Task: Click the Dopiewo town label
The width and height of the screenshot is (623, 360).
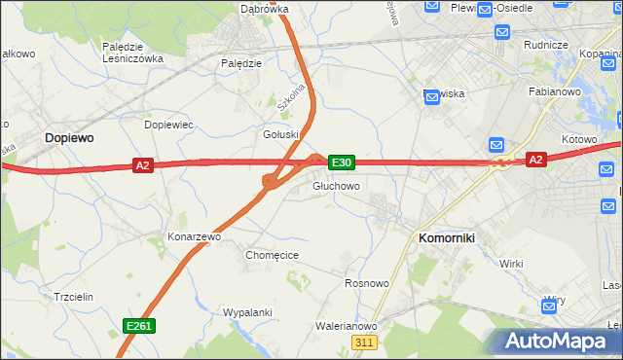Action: (x=69, y=139)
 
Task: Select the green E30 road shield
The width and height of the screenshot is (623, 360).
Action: (x=341, y=162)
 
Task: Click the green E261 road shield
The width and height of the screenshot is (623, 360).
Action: (x=138, y=326)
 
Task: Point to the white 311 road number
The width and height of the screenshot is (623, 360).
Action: (x=364, y=343)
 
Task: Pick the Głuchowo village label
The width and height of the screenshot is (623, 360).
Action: (x=337, y=186)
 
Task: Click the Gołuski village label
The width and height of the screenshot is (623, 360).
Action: (x=280, y=134)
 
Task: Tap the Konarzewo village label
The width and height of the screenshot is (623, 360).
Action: (x=196, y=236)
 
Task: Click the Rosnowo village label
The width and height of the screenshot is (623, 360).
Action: (x=367, y=284)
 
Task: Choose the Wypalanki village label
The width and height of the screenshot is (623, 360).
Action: (x=246, y=312)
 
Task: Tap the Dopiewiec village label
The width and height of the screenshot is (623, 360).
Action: (x=169, y=126)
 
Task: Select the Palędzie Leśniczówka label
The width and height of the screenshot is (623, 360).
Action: (x=132, y=52)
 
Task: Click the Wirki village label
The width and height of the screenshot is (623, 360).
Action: (x=511, y=264)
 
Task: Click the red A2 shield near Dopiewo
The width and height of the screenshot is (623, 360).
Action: (x=143, y=165)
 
